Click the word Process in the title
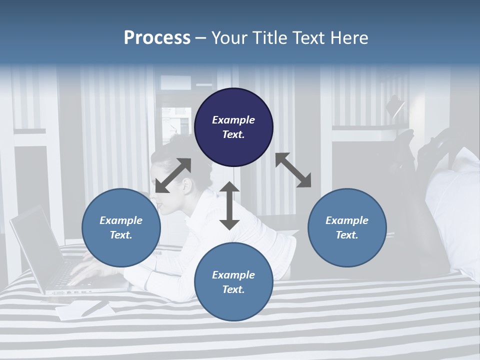tap(157, 38)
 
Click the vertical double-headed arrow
tap(229, 205)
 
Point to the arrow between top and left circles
tap(173, 175)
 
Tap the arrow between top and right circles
tap(293, 170)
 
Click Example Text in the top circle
tap(233, 127)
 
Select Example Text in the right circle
tap(347, 227)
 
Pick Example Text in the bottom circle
tap(233, 282)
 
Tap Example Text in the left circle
tap(121, 227)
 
